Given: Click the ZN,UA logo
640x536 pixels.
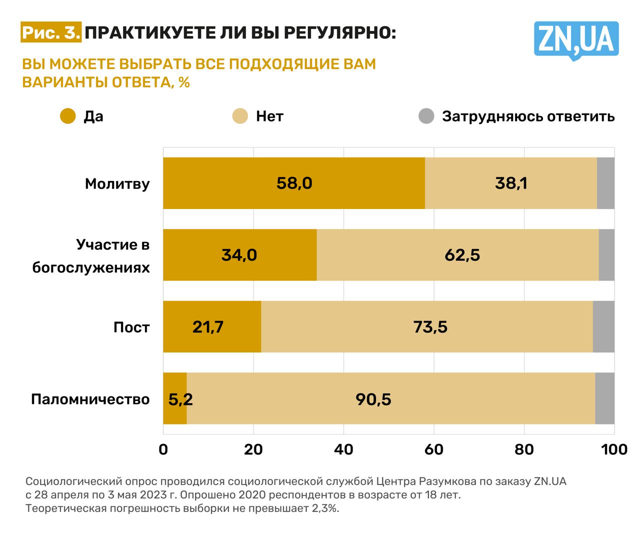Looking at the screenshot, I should click(576, 40).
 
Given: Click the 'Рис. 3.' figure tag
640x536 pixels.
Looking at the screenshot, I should click(51, 33).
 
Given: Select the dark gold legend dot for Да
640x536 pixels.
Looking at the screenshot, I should click(67, 116).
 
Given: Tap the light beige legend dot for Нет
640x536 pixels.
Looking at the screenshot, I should click(240, 116).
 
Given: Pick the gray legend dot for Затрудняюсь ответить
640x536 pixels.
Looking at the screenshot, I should click(426, 116).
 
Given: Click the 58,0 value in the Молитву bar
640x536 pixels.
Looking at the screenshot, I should click(294, 183).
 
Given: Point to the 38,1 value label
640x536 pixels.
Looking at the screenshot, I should click(511, 183).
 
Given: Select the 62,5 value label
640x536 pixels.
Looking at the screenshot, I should click(462, 255).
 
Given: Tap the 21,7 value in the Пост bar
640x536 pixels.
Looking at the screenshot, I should click(207, 327).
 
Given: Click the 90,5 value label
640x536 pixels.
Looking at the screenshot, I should click(373, 399).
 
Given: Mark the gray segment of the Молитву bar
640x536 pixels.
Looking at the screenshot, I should click(605, 183).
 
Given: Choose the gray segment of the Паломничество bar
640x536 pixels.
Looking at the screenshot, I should click(604, 398).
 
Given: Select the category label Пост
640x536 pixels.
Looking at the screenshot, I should click(131, 327).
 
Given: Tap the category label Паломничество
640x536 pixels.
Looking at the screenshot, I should click(90, 399).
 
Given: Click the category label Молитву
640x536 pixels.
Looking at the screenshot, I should click(117, 183).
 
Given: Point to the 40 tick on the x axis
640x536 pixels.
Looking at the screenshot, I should click(343, 449).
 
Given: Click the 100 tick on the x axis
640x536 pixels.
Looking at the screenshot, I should click(614, 449).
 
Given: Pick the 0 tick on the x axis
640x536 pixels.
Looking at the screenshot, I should click(163, 449).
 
